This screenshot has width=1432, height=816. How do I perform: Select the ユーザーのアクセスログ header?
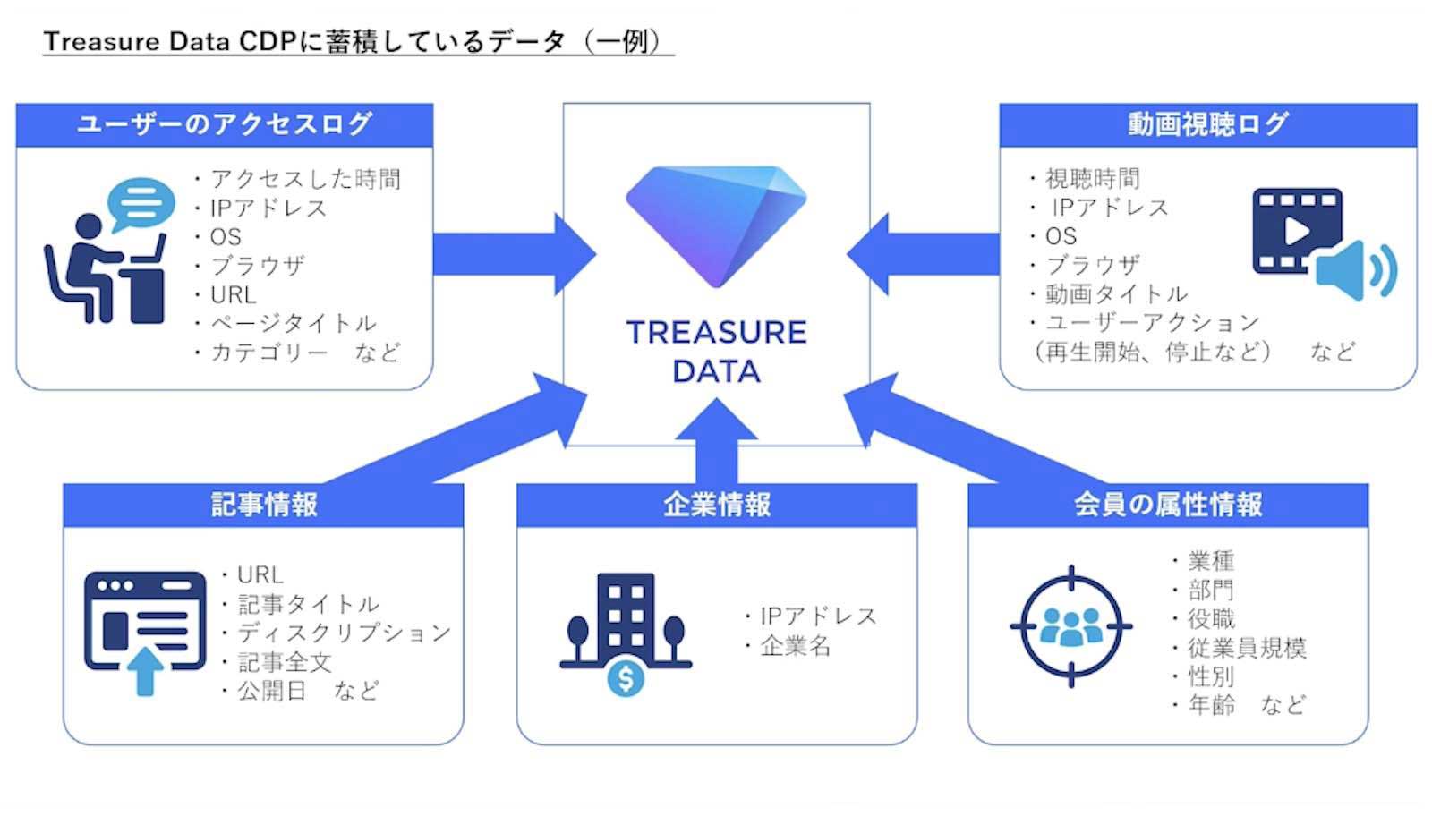(x=225, y=124)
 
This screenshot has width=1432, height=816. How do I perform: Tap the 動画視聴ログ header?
(x=1207, y=124)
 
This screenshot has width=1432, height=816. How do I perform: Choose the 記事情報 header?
(x=263, y=505)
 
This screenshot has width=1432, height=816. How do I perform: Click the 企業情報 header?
(x=717, y=505)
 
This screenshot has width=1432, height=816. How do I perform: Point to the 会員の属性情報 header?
(x=1168, y=505)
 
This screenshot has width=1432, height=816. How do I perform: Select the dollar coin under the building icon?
(x=626, y=678)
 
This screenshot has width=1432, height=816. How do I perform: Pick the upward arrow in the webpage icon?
(x=145, y=671)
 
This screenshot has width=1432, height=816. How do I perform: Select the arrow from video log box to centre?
(x=923, y=254)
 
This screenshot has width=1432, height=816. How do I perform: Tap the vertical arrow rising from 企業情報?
(x=716, y=441)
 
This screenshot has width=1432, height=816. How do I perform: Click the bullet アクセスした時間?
(x=298, y=180)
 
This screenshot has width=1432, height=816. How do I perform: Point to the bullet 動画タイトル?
(x=1109, y=294)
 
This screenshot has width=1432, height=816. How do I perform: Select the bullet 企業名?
(x=788, y=647)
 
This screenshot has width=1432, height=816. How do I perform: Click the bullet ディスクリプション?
(x=337, y=633)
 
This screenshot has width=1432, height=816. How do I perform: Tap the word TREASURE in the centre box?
(x=717, y=332)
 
